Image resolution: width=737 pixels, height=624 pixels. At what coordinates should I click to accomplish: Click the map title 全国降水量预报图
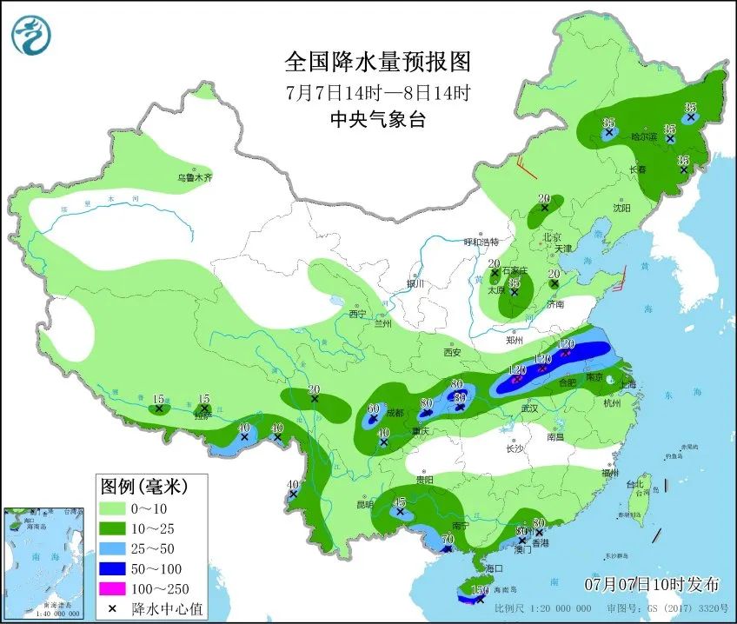click(377, 63)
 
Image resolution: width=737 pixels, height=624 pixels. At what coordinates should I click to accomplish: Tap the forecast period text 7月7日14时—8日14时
click(377, 92)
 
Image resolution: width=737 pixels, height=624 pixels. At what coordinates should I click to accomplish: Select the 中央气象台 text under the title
click(377, 121)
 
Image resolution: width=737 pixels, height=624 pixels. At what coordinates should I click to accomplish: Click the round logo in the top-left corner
click(31, 35)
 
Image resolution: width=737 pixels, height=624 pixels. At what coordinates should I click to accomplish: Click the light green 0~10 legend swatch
click(111, 508)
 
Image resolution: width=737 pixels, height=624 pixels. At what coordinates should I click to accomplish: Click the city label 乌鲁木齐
click(195, 177)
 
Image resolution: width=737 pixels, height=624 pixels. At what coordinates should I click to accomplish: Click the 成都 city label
click(395, 412)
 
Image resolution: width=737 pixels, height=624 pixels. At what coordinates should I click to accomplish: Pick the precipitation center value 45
click(400, 502)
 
